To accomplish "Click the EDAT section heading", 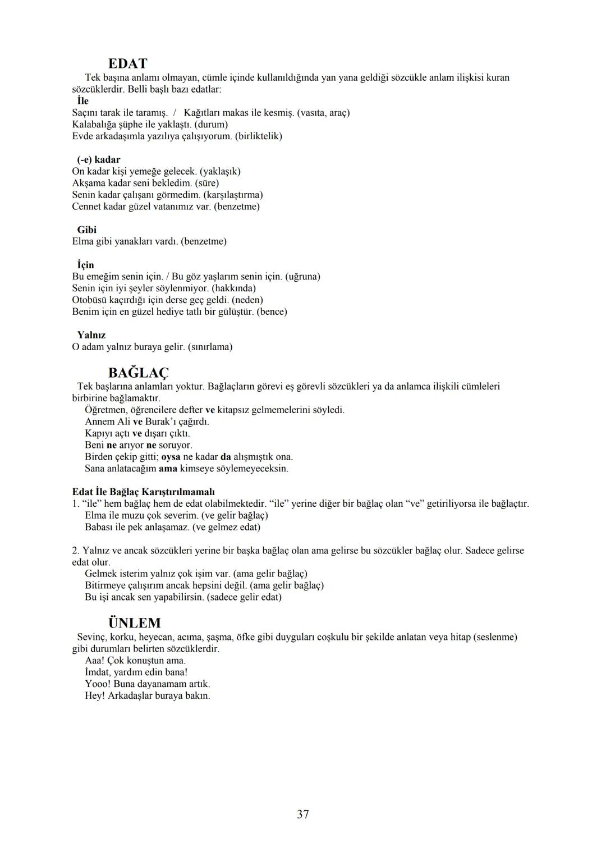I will pos(127,63).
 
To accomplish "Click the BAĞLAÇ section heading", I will pos(138,373).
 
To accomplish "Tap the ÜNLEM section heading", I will pos(134,623).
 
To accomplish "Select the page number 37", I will pos(303,814).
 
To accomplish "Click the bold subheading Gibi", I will pos(87,230).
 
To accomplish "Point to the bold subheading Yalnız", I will pos(91,335).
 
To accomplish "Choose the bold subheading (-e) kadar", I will pos(99,159).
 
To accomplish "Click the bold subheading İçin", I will pos(86,265).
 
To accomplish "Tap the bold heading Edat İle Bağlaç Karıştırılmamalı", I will pos(144,492).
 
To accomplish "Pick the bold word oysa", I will pos(171,457).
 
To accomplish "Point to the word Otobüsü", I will pos(90,300).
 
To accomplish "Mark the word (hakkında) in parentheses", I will pos(235,288).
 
